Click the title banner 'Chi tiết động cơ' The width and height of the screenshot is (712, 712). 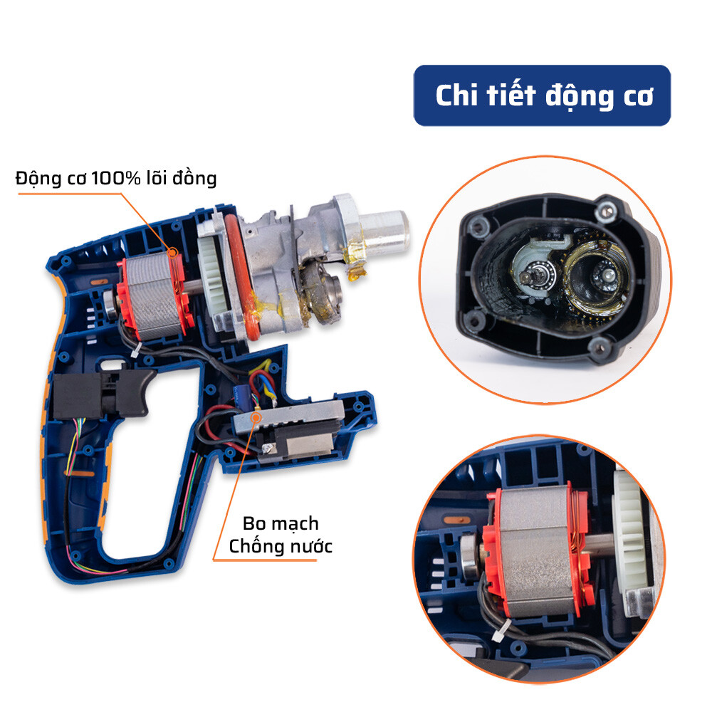pyautogui.click(x=542, y=95)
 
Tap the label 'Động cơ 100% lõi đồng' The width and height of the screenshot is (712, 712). pyautogui.click(x=116, y=178)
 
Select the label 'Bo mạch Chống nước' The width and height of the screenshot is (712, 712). pyautogui.click(x=280, y=535)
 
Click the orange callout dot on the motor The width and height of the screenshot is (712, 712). pyautogui.click(x=172, y=252)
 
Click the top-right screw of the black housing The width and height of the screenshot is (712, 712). pyautogui.click(x=606, y=209)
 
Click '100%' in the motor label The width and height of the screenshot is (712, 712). pyautogui.click(x=116, y=178)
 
